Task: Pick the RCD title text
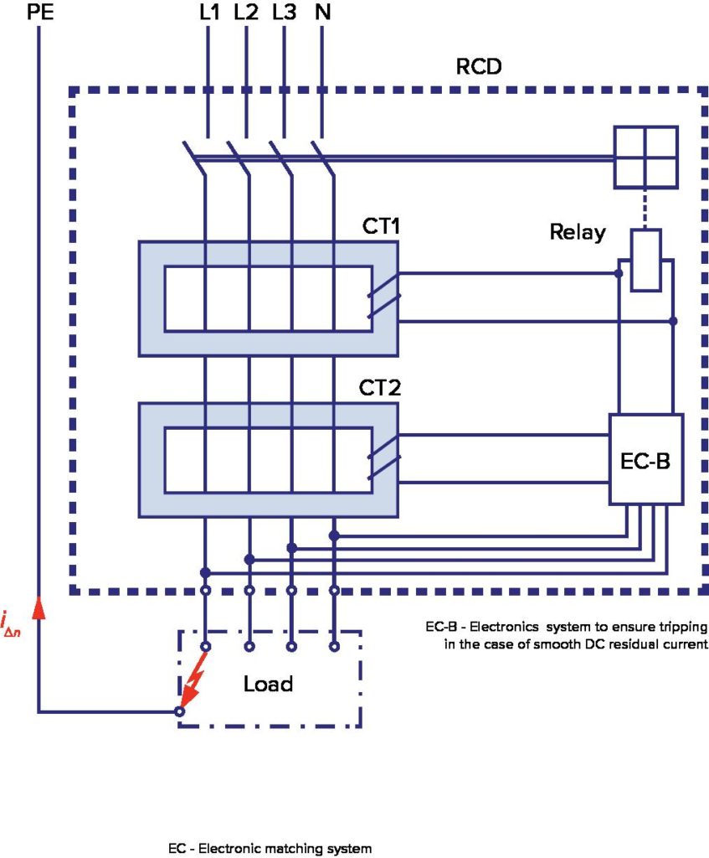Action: [x=478, y=65]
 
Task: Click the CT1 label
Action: [x=378, y=227]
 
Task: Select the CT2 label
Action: [x=378, y=389]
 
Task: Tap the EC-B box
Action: [x=646, y=460]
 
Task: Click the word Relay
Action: [x=577, y=232]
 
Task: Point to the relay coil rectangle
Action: [x=645, y=260]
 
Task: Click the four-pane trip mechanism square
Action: [x=645, y=157]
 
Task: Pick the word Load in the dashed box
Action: [x=268, y=684]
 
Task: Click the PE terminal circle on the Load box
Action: [x=179, y=711]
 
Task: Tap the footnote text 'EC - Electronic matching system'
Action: [x=270, y=849]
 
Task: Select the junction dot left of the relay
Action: [x=619, y=274]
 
